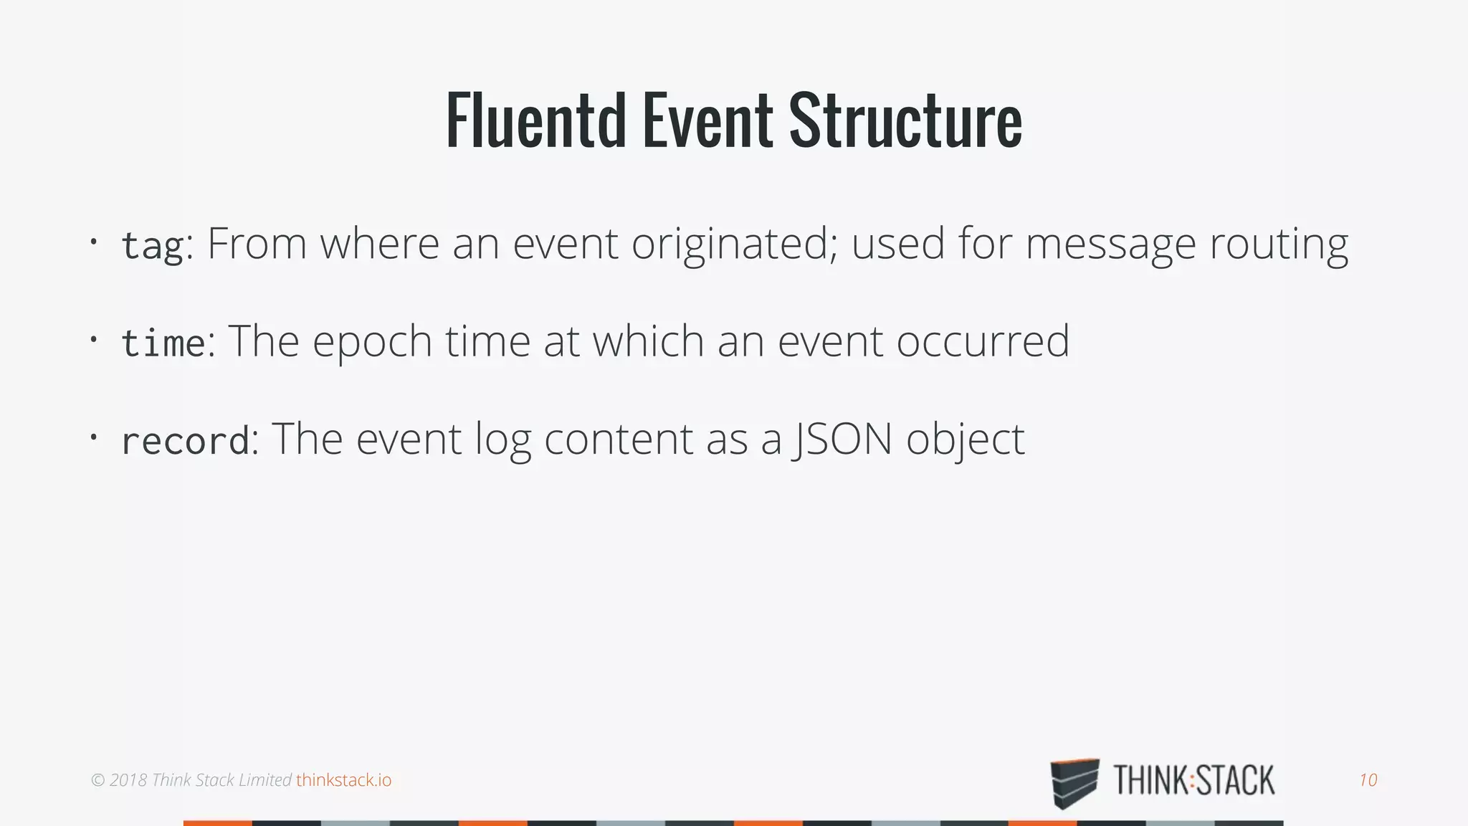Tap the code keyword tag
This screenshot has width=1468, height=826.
(x=152, y=245)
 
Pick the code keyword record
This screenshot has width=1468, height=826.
(x=185, y=440)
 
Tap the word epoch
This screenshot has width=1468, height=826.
(x=372, y=341)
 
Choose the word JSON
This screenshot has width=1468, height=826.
(x=842, y=439)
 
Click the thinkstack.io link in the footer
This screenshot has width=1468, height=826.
(x=344, y=780)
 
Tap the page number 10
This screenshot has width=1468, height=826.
(x=1368, y=780)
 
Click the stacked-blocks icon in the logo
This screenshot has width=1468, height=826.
(x=1074, y=782)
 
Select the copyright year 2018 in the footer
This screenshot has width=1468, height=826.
(x=128, y=780)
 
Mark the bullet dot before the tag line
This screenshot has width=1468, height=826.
(x=93, y=242)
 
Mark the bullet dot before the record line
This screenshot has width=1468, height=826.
(x=93, y=436)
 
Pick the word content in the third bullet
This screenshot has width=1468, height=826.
(x=618, y=439)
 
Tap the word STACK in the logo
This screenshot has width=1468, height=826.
(x=1236, y=781)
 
